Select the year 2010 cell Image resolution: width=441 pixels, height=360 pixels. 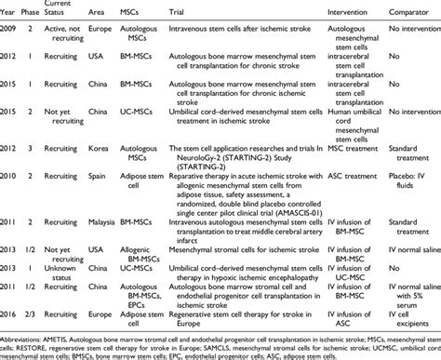point(9,173)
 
